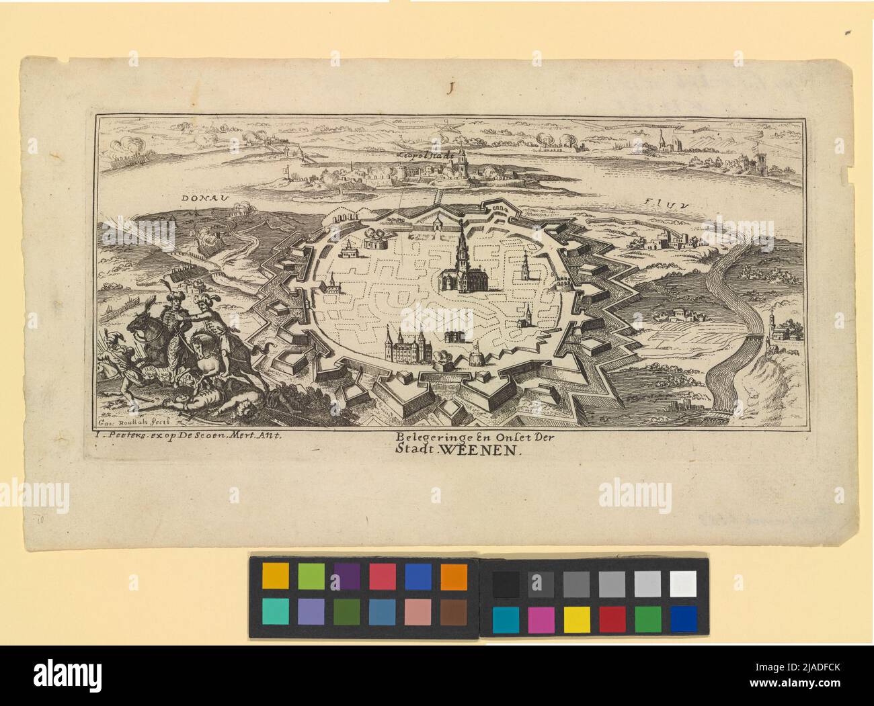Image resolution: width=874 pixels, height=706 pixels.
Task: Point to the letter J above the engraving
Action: [x=452, y=86]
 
